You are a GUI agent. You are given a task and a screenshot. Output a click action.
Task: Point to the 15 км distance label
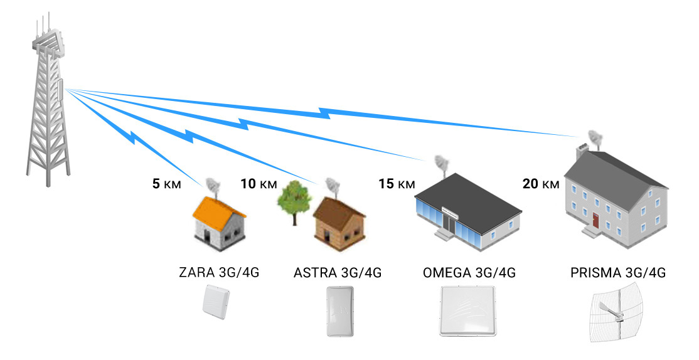pos(397,184)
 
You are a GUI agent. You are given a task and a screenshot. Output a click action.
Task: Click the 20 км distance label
pos(540,184)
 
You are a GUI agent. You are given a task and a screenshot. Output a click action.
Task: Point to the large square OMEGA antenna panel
pos(469,312)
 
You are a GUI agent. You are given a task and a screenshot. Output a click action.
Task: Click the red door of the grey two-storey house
pos(595,220)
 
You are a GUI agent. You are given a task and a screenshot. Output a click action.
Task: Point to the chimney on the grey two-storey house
pos(582,149)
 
